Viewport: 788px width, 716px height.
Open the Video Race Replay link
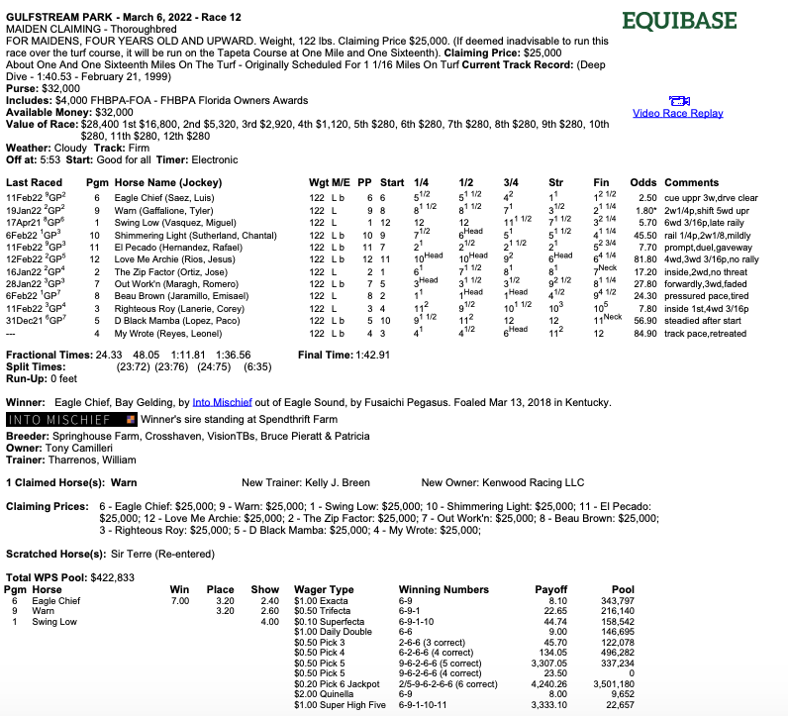tap(678, 113)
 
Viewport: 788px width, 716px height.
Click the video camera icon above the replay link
tap(678, 101)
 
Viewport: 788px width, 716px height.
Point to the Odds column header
tap(642, 182)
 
